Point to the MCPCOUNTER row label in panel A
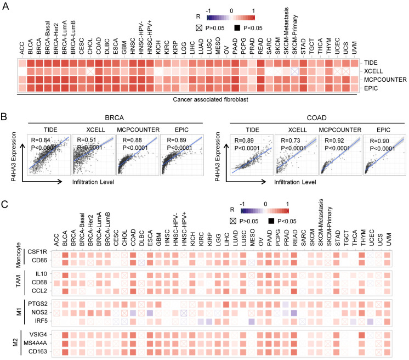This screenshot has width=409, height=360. click(380, 80)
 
